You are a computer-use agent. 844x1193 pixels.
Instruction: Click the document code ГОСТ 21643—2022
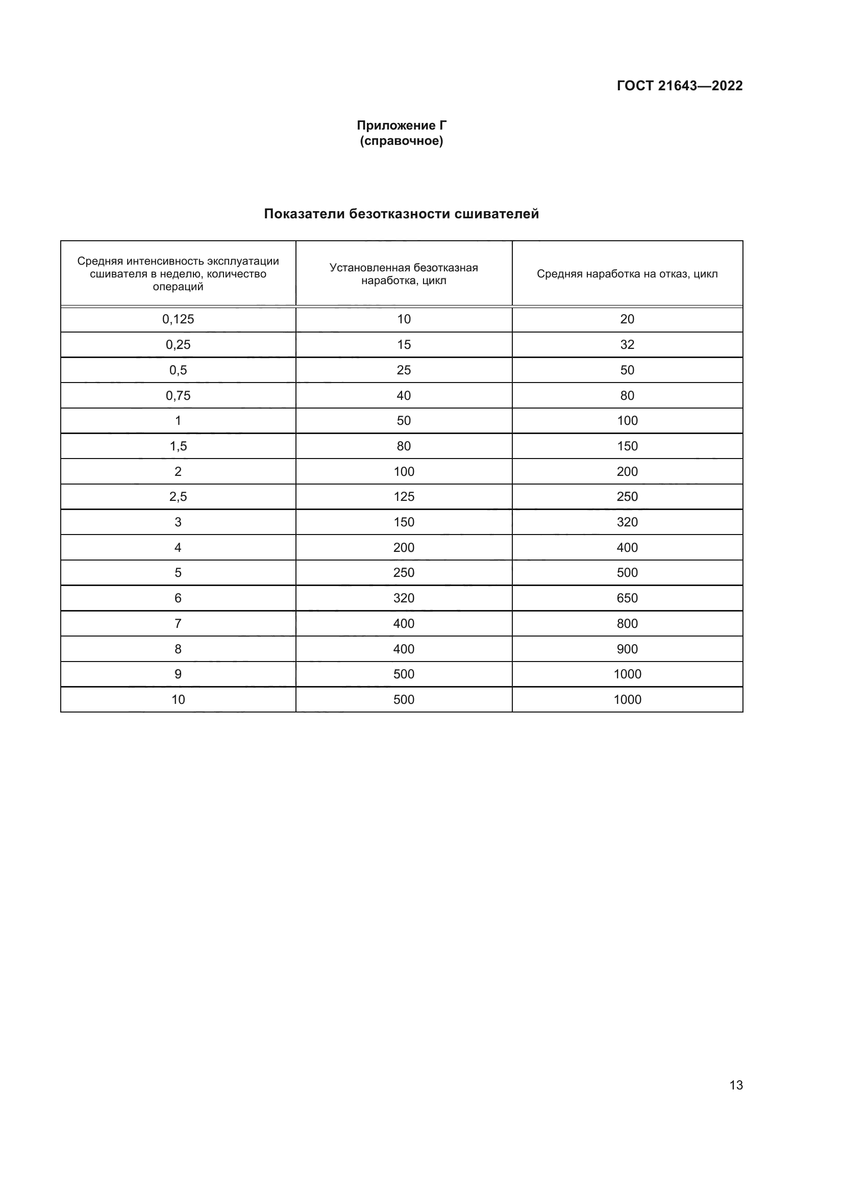[679, 86]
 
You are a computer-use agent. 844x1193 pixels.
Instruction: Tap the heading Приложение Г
[401, 125]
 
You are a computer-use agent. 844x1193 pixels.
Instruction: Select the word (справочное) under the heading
[401, 141]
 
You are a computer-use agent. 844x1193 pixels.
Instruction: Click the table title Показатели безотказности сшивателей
[401, 214]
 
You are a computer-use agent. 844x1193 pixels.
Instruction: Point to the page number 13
[736, 1085]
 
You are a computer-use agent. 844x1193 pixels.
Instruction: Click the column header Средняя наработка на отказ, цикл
[627, 274]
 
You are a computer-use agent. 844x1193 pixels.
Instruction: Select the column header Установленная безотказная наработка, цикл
[403, 274]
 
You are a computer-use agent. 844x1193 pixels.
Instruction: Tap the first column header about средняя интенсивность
[178, 274]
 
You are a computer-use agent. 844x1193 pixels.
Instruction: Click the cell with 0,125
[178, 319]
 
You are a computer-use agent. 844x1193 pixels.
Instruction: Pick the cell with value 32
[627, 344]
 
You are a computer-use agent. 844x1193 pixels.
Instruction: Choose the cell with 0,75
[178, 395]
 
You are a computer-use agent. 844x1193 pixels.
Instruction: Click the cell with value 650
[627, 598]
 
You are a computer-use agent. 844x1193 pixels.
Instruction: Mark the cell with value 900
[627, 649]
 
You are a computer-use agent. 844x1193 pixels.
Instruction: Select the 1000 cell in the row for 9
[627, 674]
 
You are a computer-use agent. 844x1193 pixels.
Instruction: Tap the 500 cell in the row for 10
[403, 699]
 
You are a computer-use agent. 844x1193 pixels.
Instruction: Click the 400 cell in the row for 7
[403, 623]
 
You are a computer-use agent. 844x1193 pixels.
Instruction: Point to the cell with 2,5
[178, 497]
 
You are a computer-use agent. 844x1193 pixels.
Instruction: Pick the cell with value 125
[403, 497]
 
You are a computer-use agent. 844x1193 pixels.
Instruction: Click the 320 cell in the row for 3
[627, 522]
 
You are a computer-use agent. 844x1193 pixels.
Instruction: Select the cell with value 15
[403, 344]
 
